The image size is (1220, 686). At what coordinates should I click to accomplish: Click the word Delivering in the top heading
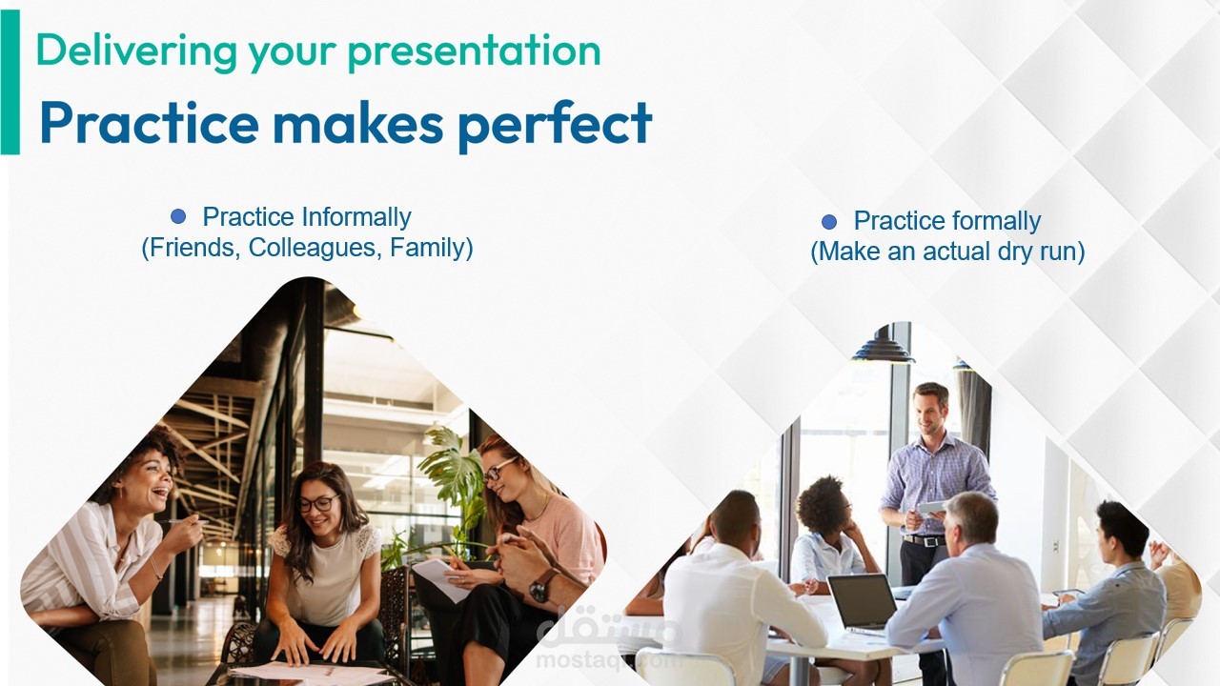(x=136, y=50)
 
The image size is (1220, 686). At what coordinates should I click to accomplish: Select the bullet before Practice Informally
(x=178, y=216)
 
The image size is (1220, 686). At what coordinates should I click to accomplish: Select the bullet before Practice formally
(x=829, y=222)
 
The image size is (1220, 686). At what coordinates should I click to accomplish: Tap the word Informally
(x=356, y=217)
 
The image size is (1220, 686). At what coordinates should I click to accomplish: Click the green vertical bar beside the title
(x=10, y=82)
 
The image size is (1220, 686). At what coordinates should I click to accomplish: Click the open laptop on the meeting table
(x=863, y=604)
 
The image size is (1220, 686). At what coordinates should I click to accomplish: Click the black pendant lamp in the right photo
(x=883, y=346)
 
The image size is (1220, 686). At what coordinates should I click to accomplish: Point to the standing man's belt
(x=924, y=540)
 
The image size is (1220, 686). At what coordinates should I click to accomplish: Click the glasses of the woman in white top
(x=318, y=503)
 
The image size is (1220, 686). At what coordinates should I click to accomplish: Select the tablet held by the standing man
(x=930, y=509)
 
